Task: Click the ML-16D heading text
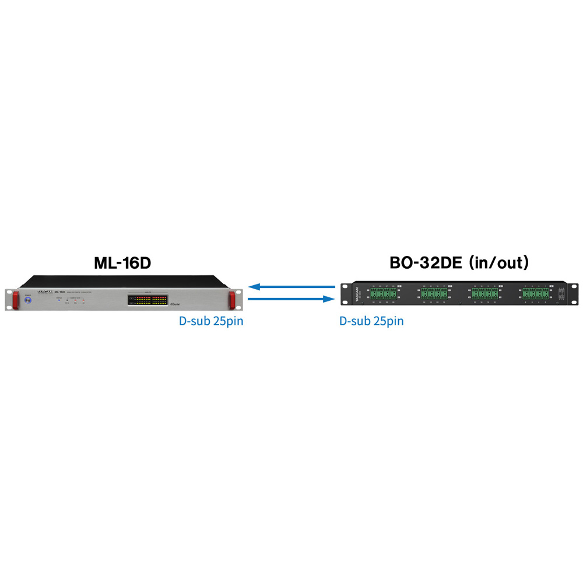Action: tap(122, 264)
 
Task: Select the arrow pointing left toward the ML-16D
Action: tap(291, 287)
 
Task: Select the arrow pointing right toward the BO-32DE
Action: tap(291, 299)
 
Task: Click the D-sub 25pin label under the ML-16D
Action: tap(211, 321)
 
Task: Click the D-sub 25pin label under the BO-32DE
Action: tap(371, 321)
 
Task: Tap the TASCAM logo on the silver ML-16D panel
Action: tap(45, 293)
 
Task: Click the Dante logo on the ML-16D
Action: tap(175, 303)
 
